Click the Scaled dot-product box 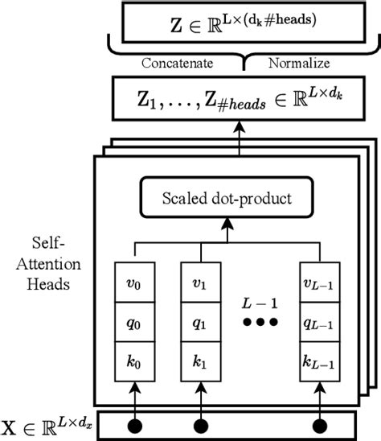(227, 199)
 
